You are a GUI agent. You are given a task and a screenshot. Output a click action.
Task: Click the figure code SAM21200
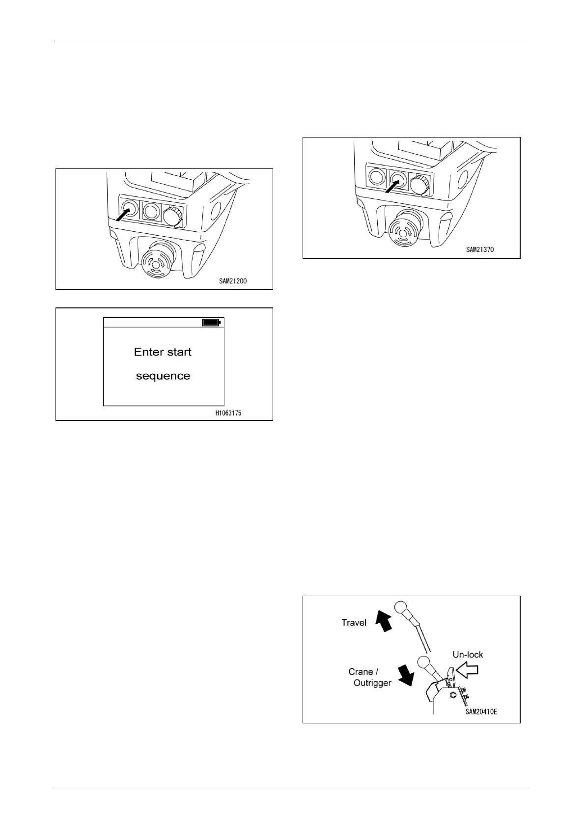pyautogui.click(x=233, y=281)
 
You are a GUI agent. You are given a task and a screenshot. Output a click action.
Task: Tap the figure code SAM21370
pyautogui.click(x=480, y=249)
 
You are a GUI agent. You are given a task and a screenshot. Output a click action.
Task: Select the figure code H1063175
pyautogui.click(x=228, y=413)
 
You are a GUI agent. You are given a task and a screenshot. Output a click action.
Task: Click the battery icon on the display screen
pyautogui.click(x=212, y=323)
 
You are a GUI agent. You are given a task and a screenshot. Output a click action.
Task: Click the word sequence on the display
pyautogui.click(x=163, y=376)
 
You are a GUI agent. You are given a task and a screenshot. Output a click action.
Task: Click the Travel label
pyautogui.click(x=354, y=623)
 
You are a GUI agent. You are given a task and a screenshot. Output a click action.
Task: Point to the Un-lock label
pyautogui.click(x=468, y=655)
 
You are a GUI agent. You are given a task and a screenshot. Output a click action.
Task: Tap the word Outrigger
pyautogui.click(x=372, y=683)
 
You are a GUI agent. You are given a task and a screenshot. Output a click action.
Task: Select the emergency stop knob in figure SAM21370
pyautogui.click(x=402, y=229)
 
